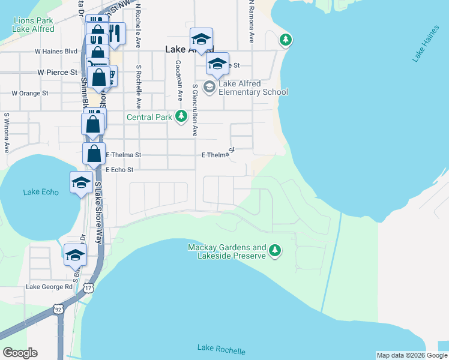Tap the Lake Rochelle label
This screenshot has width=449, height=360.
point(221,350)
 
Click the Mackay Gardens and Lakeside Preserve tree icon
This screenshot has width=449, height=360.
point(275,250)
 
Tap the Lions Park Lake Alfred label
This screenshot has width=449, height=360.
point(34,25)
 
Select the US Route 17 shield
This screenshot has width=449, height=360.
point(89,288)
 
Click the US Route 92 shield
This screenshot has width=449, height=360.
point(58,309)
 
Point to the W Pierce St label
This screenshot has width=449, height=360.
point(58,72)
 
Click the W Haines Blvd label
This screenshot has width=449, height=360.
point(56,52)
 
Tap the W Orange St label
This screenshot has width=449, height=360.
point(30,94)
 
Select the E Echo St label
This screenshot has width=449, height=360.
point(119,170)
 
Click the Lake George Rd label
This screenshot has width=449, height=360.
point(49,287)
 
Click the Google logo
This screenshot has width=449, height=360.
point(20,352)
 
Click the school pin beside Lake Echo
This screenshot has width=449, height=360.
point(81,182)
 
